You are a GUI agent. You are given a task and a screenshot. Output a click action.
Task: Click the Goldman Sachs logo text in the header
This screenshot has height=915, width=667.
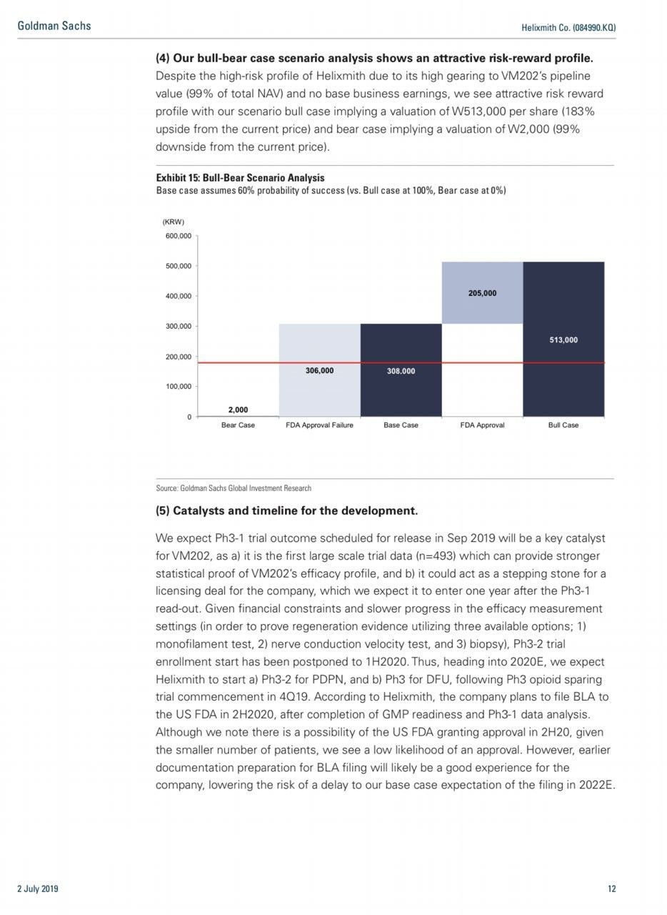pos(54,26)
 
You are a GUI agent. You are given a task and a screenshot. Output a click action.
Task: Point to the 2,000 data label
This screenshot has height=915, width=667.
pos(238,410)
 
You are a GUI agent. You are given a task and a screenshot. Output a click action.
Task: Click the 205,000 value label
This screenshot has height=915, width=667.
pos(482,293)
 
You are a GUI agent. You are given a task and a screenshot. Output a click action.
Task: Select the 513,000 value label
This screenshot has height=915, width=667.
pos(563,340)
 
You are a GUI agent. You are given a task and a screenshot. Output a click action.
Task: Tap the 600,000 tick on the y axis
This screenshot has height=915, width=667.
pos(179,236)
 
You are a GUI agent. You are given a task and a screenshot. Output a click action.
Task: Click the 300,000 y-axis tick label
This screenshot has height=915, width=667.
pos(179,326)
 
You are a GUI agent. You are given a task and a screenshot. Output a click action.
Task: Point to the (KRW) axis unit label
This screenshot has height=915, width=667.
pos(174,222)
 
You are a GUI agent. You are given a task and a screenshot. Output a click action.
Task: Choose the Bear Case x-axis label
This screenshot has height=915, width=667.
pos(238,425)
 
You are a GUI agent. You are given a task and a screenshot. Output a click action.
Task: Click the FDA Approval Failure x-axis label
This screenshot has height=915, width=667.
pos(319,425)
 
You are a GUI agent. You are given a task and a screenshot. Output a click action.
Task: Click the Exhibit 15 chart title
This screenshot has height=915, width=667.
pos(240,178)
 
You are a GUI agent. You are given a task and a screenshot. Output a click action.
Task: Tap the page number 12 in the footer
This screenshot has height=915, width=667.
pos(611,889)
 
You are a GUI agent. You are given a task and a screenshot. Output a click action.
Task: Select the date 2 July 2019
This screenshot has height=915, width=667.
pos(38,889)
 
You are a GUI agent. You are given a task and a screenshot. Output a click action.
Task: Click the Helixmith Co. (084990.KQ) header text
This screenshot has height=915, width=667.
pos(569,27)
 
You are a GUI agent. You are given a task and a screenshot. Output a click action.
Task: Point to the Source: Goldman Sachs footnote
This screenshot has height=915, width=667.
pos(234,488)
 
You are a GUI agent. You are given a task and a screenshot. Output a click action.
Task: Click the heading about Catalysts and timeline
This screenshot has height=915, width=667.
pos(286,511)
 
